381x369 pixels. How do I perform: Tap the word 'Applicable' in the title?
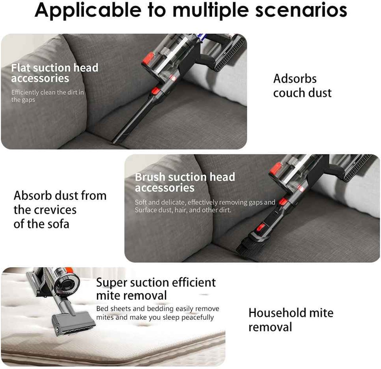pos(88,10)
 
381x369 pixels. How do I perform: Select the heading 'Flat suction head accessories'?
pos(55,73)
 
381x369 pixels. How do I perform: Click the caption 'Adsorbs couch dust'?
pos(302,86)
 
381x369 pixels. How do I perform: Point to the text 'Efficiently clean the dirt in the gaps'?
pos(47,96)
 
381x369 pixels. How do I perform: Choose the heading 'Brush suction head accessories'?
pos(185,182)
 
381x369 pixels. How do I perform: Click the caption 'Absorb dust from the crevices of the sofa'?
pos(60,210)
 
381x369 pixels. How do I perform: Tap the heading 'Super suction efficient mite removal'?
pos(156,289)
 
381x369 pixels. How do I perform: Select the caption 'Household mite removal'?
pos(291,320)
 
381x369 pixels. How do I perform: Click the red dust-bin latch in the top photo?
pos(148,59)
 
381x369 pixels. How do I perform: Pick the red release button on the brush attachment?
pos(261,228)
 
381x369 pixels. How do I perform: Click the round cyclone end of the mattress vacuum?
pos(67,283)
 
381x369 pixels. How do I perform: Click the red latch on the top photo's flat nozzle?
pos(156,91)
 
